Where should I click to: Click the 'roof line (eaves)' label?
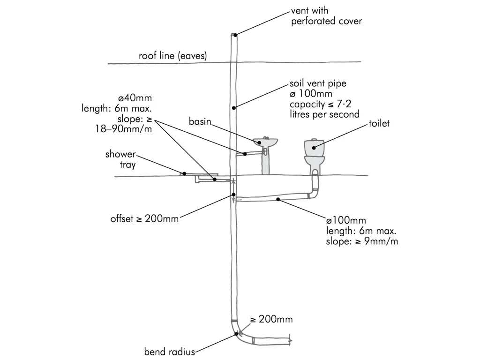click(x=172, y=56)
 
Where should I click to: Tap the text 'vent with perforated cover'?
click(x=326, y=16)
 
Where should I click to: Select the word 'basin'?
click(x=200, y=121)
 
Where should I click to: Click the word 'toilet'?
click(x=379, y=124)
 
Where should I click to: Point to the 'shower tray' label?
click(x=120, y=159)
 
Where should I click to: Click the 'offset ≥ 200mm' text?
click(x=144, y=218)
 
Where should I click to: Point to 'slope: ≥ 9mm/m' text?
click(x=362, y=241)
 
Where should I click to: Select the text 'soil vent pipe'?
click(x=318, y=83)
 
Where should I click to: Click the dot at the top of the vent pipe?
click(x=235, y=35)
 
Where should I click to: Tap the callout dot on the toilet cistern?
click(x=314, y=148)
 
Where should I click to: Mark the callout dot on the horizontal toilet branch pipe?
click(x=278, y=200)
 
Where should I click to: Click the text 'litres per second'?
click(x=324, y=114)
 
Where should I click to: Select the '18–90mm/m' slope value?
click(x=124, y=129)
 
